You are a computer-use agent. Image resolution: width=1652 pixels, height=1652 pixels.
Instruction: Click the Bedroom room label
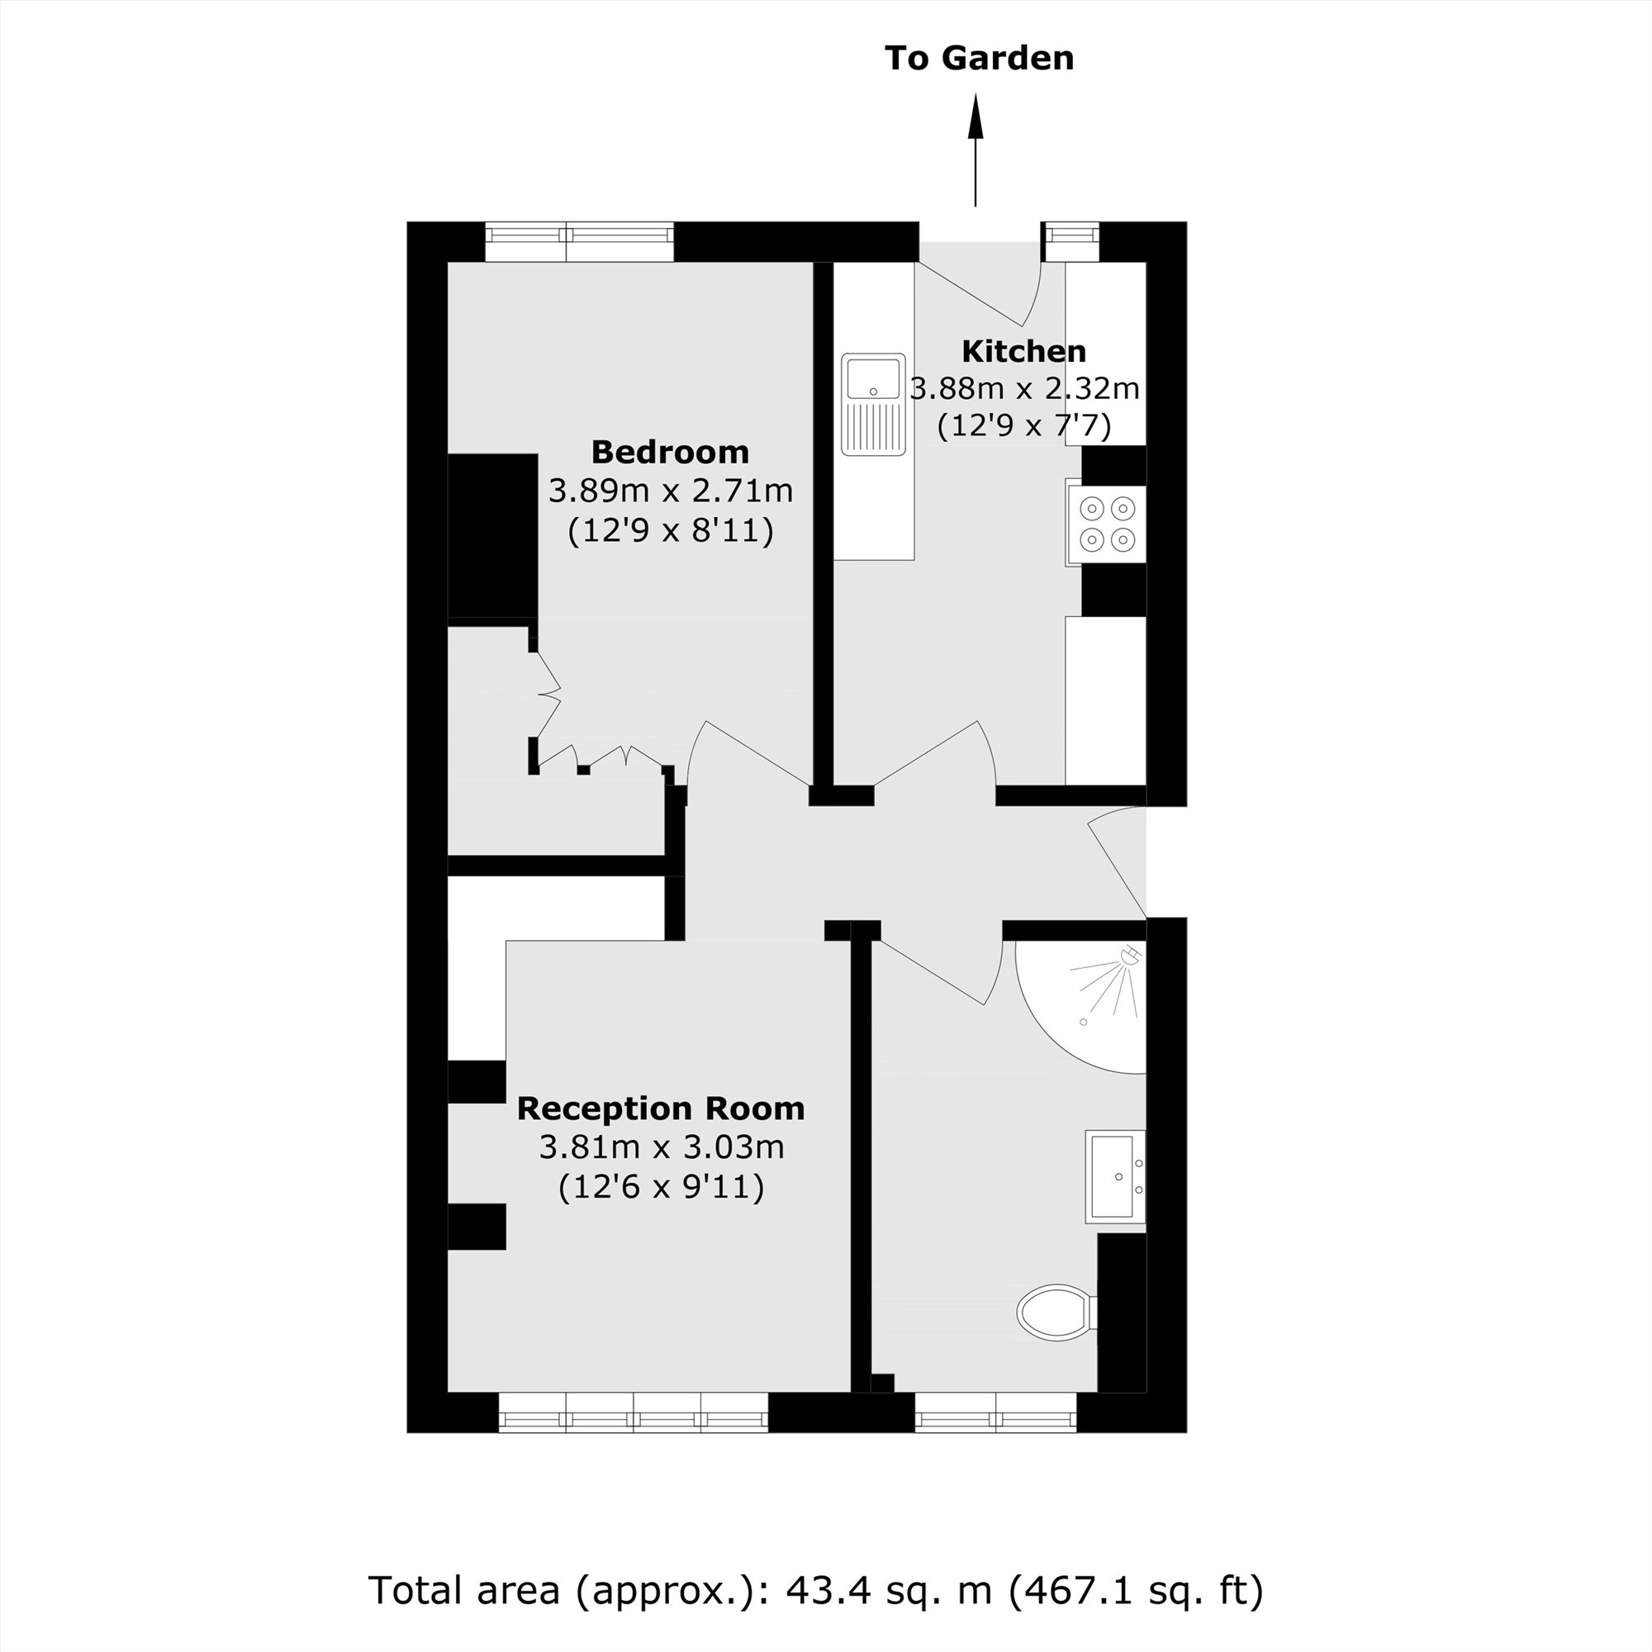670,452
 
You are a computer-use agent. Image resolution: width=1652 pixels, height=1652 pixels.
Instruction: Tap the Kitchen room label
1023,351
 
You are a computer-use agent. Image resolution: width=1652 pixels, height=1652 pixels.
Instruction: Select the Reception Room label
661,1108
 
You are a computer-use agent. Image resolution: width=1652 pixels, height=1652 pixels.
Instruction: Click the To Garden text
979,58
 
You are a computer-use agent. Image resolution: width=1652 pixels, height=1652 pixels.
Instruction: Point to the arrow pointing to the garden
976,150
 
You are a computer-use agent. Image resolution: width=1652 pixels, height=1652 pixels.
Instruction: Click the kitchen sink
873,404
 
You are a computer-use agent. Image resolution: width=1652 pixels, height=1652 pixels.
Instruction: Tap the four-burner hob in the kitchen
1106,525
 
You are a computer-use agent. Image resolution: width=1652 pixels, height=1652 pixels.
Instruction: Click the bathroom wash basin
1115,1175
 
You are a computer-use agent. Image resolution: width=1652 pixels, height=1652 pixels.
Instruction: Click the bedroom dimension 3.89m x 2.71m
671,491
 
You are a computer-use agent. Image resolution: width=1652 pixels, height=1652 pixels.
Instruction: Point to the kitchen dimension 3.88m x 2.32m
1024,389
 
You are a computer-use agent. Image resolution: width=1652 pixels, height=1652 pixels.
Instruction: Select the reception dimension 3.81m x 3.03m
661,1146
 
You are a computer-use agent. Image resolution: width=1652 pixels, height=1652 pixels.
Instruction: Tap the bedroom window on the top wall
580,242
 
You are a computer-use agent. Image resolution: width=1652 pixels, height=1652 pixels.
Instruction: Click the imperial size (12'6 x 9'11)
661,1187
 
